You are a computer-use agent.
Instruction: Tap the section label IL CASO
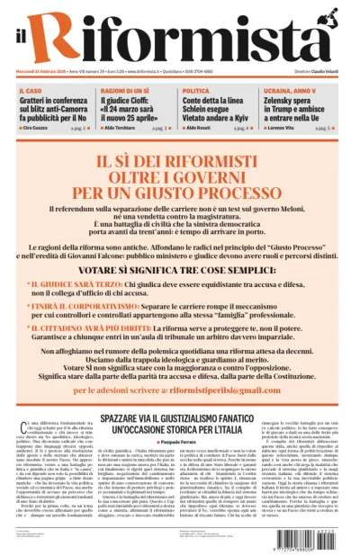[x=30, y=92]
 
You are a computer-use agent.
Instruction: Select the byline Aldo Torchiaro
[x=123, y=129]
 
